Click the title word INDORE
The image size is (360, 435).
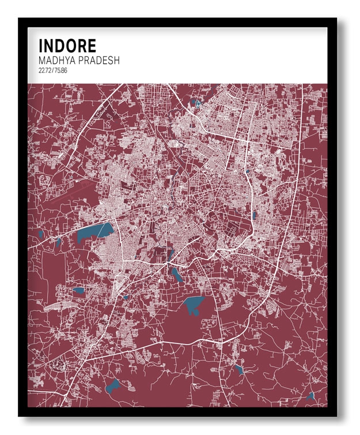[67, 46]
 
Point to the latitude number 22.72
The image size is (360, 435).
[46, 70]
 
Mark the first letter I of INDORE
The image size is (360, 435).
[40, 46]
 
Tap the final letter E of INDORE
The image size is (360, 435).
[92, 46]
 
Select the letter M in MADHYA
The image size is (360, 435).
[42, 60]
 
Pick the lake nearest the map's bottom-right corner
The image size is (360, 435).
[310, 396]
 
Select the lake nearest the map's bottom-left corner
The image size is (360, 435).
[113, 386]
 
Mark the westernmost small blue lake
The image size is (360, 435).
[41, 234]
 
